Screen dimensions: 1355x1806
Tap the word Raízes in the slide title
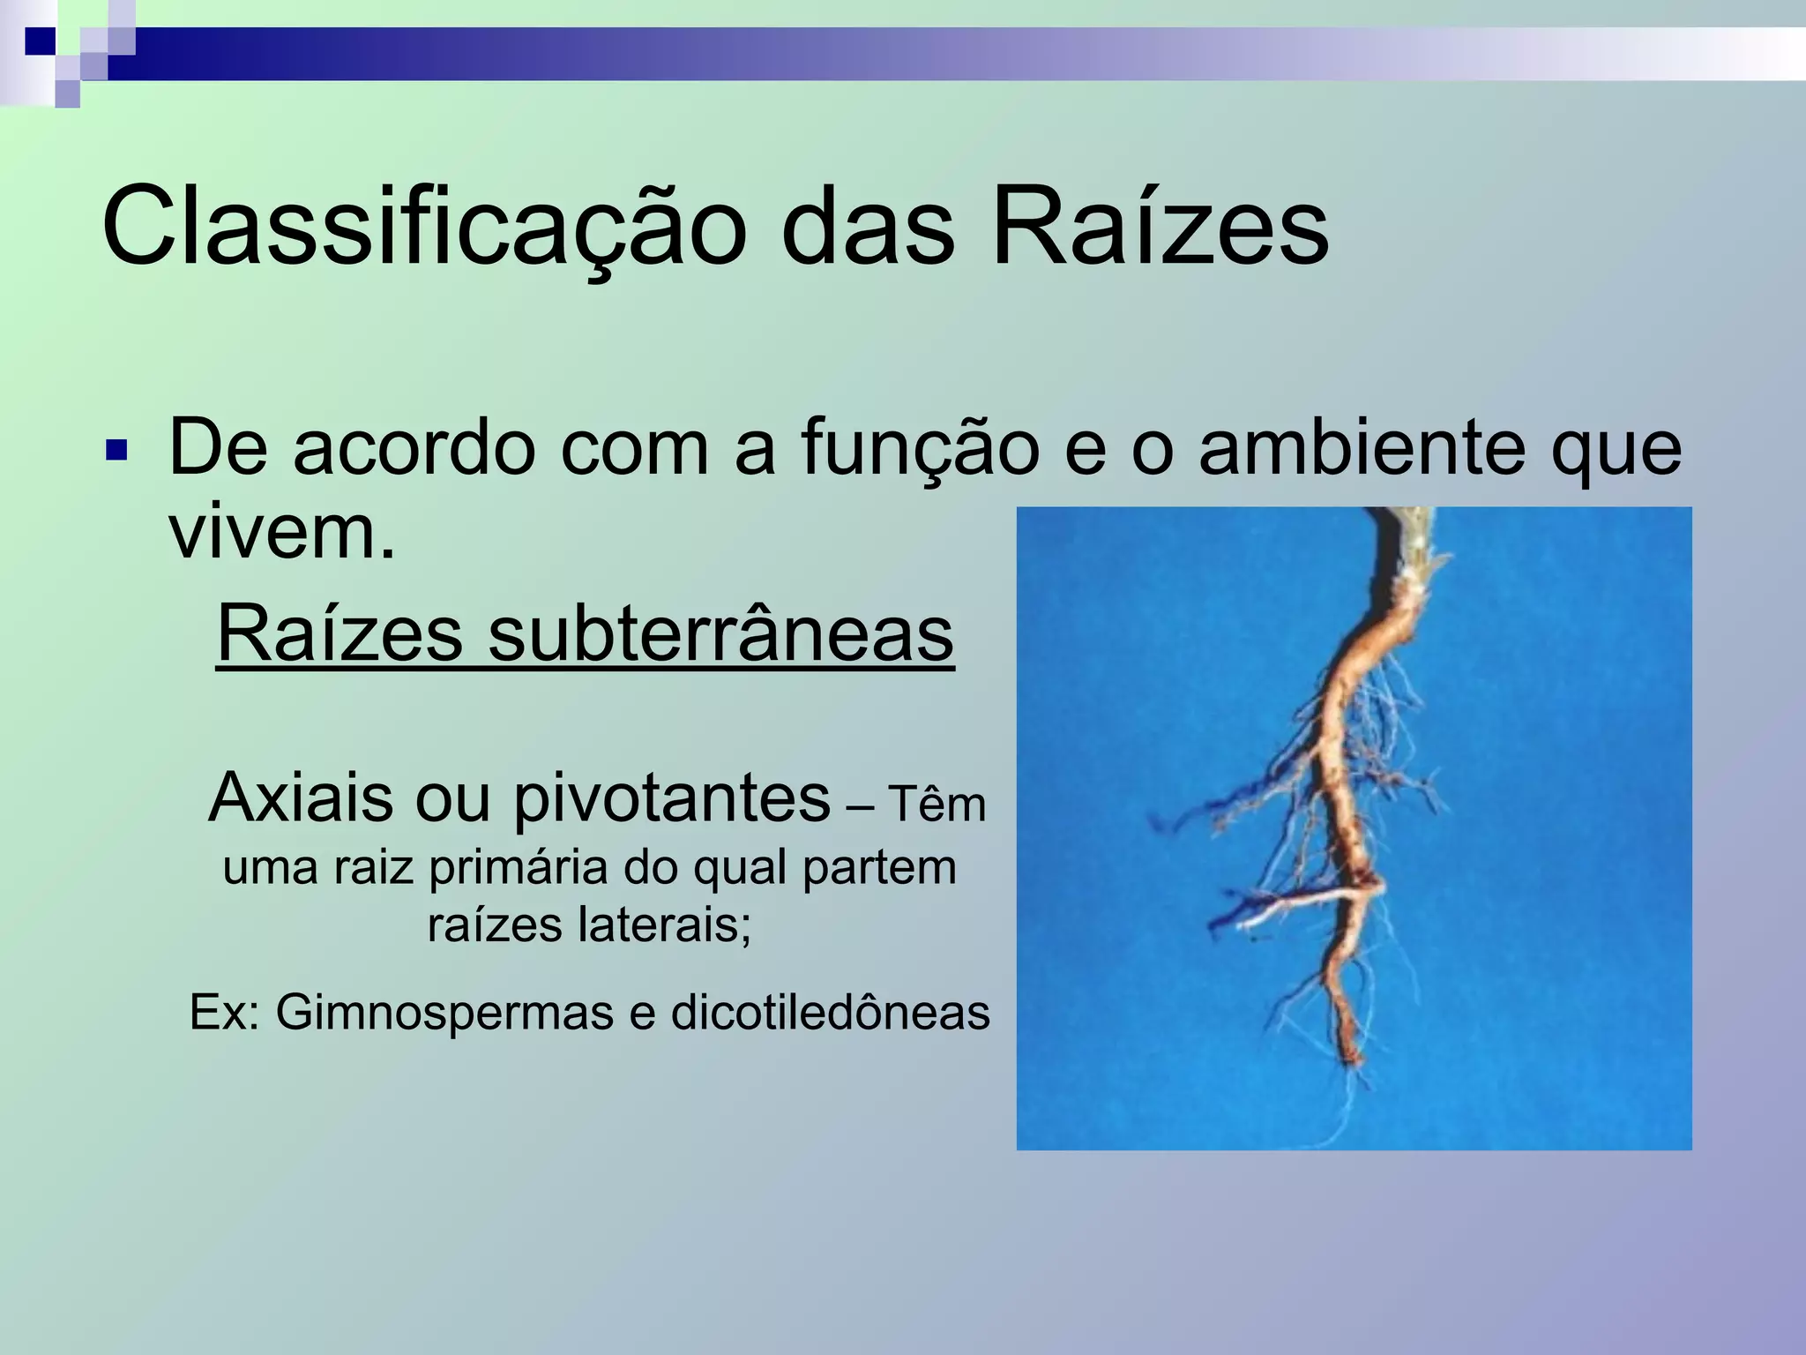tap(1160, 228)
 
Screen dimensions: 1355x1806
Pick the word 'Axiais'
tap(301, 797)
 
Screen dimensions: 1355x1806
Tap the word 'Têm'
tap(937, 805)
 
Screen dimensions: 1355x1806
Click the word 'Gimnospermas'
tap(444, 1013)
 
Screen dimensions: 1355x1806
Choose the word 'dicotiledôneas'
tap(831, 1013)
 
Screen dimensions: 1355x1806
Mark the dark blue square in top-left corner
tap(39, 41)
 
